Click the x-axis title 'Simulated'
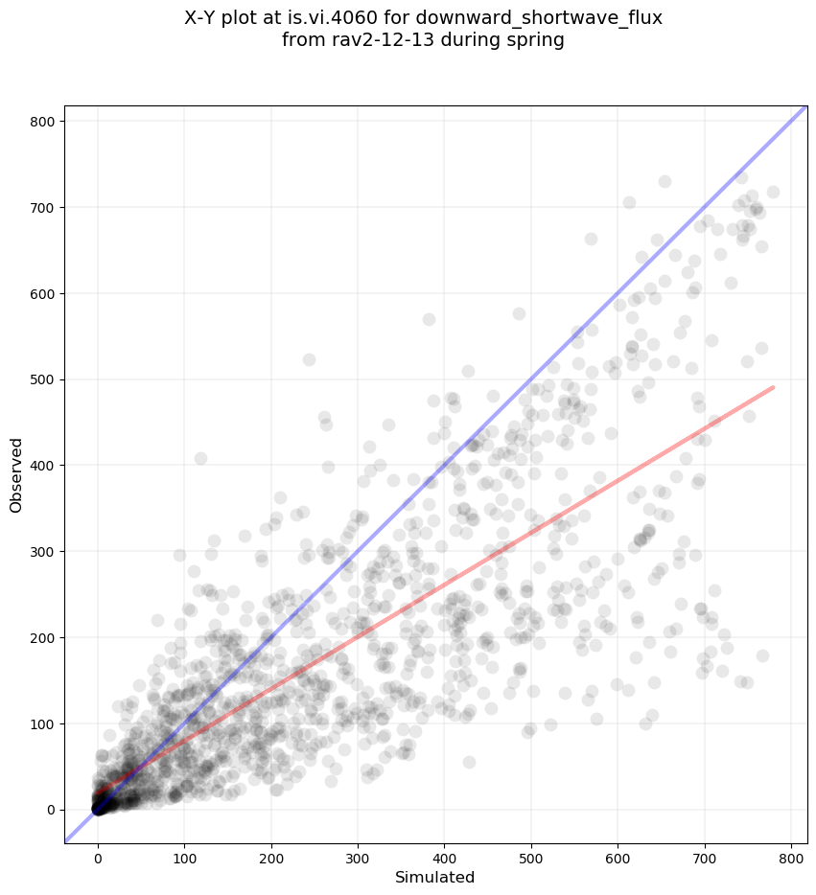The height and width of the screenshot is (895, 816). (x=422, y=877)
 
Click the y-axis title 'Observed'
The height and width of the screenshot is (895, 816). (x=16, y=475)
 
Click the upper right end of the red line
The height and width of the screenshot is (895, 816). (x=773, y=387)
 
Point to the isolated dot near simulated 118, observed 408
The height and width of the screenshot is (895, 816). (x=200, y=458)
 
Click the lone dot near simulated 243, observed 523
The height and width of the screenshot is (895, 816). (x=309, y=359)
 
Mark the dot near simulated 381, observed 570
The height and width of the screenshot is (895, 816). (x=429, y=319)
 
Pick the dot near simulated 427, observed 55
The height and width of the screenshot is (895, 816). (x=469, y=762)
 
